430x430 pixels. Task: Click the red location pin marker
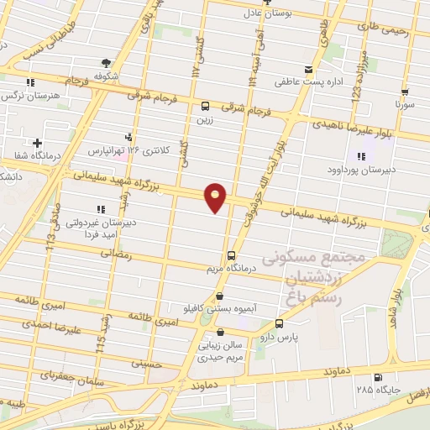click(216, 197)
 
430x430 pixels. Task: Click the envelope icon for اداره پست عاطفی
click(309, 69)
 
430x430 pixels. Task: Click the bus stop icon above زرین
click(206, 106)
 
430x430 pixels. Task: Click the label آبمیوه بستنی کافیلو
click(220, 309)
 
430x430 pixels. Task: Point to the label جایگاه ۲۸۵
click(377, 390)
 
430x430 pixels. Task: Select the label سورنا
click(406, 106)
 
